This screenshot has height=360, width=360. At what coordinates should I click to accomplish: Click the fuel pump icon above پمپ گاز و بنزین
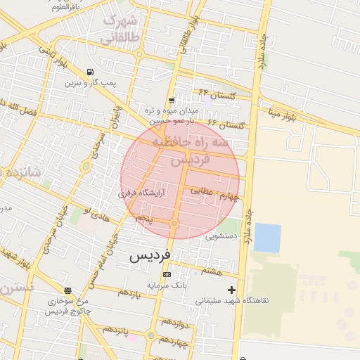[90, 72]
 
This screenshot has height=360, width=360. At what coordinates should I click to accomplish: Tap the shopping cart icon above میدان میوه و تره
[172, 101]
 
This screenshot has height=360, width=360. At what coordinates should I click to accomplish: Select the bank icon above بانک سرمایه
[167, 274]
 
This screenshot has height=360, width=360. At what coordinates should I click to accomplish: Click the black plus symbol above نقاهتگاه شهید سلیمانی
[231, 290]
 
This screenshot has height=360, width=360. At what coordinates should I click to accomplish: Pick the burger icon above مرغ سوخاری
[67, 290]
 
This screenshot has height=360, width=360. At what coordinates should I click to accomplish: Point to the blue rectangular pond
[267, 238]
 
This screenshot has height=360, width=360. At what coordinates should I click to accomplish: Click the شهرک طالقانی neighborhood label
[119, 29]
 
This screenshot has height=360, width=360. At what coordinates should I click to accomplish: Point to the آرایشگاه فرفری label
[141, 191]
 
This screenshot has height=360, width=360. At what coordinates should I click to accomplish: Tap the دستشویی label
[221, 237]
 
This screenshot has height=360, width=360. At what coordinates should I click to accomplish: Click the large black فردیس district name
[150, 257]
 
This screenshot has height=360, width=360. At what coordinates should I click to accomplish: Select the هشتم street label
[212, 270]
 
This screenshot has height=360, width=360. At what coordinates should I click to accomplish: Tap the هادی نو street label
[97, 215]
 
